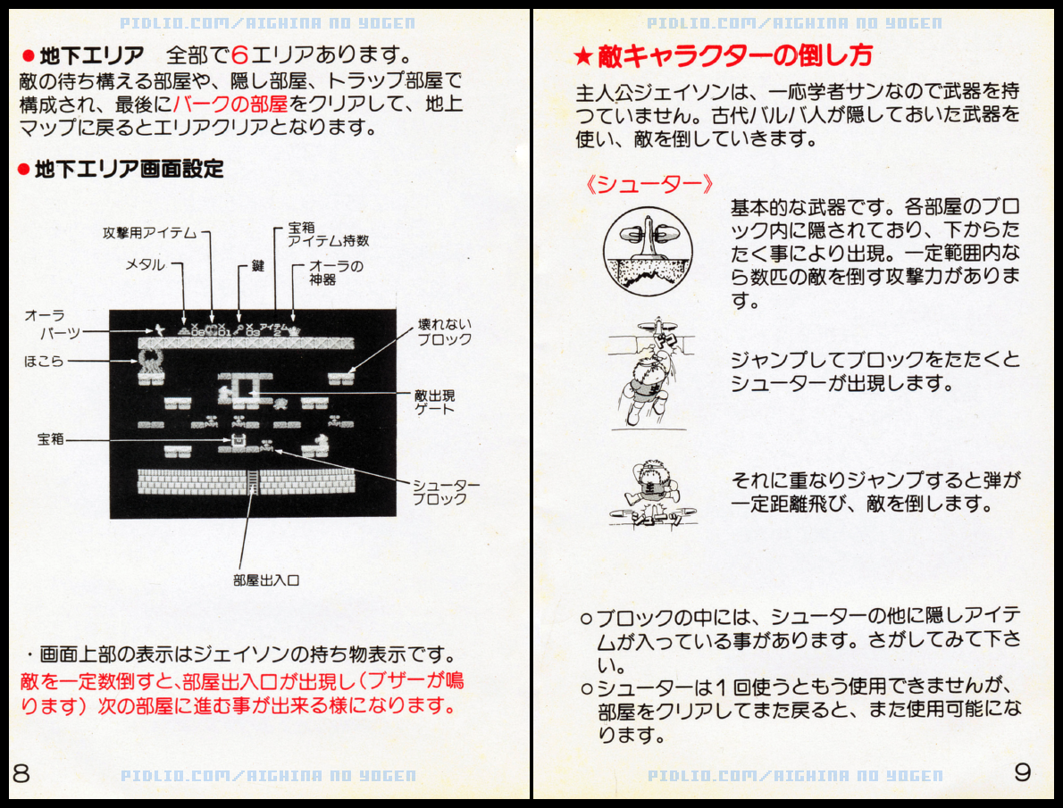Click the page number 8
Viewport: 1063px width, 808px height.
point(21,773)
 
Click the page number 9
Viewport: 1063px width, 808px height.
point(1023,771)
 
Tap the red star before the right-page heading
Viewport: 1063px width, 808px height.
point(583,56)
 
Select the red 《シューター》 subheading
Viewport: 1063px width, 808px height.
point(649,184)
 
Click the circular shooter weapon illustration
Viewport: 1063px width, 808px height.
point(649,251)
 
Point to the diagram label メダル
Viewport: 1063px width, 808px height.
point(145,264)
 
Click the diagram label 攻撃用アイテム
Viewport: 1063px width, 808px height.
point(150,232)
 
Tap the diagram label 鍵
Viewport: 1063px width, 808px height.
point(257,266)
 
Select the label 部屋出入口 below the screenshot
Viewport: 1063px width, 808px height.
point(266,579)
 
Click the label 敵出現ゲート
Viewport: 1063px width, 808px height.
point(434,401)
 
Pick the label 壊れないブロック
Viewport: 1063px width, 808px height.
point(445,332)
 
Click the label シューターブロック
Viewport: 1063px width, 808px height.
point(446,492)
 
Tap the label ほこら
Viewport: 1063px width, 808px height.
point(44,362)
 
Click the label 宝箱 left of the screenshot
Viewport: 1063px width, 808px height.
point(51,439)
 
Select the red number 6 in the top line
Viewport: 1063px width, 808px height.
point(240,54)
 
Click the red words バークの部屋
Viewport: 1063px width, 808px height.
point(230,104)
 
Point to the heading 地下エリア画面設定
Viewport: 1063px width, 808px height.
point(129,169)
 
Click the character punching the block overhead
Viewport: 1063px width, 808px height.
point(649,373)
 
